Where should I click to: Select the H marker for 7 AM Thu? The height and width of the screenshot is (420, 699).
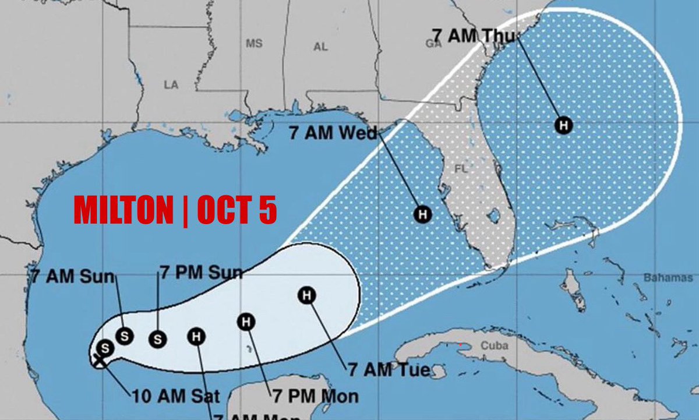(563, 125)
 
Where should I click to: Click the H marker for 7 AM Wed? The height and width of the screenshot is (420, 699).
(423, 214)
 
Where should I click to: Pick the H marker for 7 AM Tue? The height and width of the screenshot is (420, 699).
(307, 295)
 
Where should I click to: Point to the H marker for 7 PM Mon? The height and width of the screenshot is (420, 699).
(246, 321)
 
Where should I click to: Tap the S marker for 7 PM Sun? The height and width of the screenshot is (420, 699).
(157, 338)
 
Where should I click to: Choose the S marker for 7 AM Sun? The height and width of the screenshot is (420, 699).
(124, 336)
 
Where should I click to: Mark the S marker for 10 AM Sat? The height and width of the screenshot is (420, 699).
(105, 348)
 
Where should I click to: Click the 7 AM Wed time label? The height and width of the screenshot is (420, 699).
(334, 133)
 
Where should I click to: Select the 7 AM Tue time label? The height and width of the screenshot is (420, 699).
(389, 369)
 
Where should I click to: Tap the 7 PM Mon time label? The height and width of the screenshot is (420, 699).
(315, 397)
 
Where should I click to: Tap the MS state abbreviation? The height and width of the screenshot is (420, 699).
(254, 44)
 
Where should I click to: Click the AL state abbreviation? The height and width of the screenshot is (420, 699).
(320, 47)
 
